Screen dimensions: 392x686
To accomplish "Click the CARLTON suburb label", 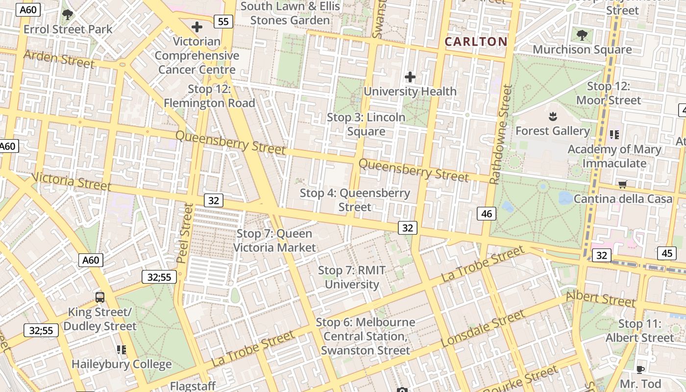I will click(476, 42).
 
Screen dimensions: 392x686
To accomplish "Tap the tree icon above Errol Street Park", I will click(68, 15).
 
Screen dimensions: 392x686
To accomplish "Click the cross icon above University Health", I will click(410, 77).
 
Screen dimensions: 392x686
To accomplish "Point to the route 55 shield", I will click(223, 21).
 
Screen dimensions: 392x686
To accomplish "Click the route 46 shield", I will click(487, 213).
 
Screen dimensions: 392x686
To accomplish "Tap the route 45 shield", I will click(667, 253).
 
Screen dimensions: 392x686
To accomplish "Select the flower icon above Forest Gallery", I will click(552, 117).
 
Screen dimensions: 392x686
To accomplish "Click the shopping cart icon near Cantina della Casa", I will click(622, 185).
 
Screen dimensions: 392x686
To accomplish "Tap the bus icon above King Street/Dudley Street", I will click(100, 297).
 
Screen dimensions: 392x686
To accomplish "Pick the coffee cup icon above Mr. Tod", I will click(640, 369).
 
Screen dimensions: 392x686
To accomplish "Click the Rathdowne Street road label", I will click(501, 135).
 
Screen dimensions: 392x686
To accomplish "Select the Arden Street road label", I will click(58, 59).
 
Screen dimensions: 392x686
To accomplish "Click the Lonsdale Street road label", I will click(482, 330).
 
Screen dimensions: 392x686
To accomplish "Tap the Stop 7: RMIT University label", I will click(352, 277).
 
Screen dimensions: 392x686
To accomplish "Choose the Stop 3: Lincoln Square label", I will click(366, 124).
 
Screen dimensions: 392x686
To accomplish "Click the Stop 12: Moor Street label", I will click(608, 93).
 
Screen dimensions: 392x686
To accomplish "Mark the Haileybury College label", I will click(122, 364).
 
